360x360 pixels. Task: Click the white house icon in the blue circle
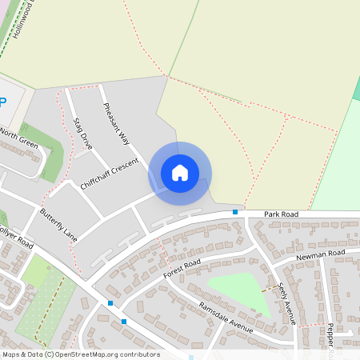(x=180, y=172)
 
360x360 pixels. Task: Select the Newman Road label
(x=319, y=254)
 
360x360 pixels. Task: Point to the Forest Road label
(x=181, y=270)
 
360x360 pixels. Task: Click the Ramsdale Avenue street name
(x=226, y=318)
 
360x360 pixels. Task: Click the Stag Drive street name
(x=82, y=134)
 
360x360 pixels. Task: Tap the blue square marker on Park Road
(x=234, y=212)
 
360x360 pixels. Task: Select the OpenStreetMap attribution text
(x=80, y=354)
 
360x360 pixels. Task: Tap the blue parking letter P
(x=2, y=102)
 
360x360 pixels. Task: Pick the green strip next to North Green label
(x=50, y=148)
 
